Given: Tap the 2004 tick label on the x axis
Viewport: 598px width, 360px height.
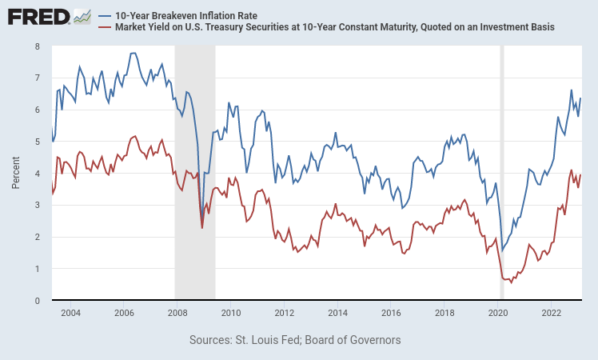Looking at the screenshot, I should click(70, 312).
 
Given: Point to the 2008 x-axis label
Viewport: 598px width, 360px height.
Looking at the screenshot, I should click(177, 312).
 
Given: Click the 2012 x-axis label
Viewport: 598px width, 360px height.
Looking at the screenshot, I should click(284, 312).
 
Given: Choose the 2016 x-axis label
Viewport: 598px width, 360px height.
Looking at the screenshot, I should click(391, 312).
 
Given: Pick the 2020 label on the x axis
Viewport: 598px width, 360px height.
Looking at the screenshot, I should click(498, 312).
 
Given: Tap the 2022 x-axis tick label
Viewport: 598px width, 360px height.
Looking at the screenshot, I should click(552, 312).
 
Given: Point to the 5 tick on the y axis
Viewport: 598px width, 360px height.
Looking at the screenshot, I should click(38, 142).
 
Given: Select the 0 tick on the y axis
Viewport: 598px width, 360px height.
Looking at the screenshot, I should click(38, 301).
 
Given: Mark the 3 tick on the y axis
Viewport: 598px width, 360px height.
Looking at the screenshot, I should click(38, 205).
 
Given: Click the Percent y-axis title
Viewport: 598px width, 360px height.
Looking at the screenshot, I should click(16, 173).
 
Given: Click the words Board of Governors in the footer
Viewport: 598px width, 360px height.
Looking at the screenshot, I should click(352, 340).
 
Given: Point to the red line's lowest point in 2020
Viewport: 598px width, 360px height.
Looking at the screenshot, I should click(511, 282).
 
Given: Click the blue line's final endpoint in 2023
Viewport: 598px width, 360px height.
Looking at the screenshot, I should click(581, 98).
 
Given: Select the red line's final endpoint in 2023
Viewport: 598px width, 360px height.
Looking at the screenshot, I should click(581, 174).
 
